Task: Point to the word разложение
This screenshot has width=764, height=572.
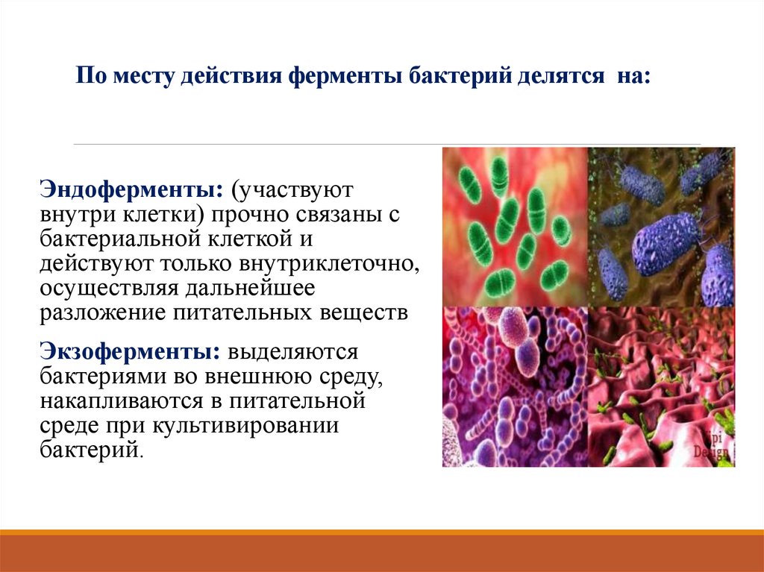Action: [103, 313]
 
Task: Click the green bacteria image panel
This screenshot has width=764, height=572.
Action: [515, 226]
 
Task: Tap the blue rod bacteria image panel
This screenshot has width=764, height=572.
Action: [661, 226]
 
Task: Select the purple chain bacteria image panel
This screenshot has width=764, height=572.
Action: [515, 386]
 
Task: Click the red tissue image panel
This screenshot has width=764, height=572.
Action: [661, 386]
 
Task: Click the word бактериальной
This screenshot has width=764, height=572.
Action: [117, 238]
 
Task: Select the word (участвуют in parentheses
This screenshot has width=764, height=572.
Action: [291, 187]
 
